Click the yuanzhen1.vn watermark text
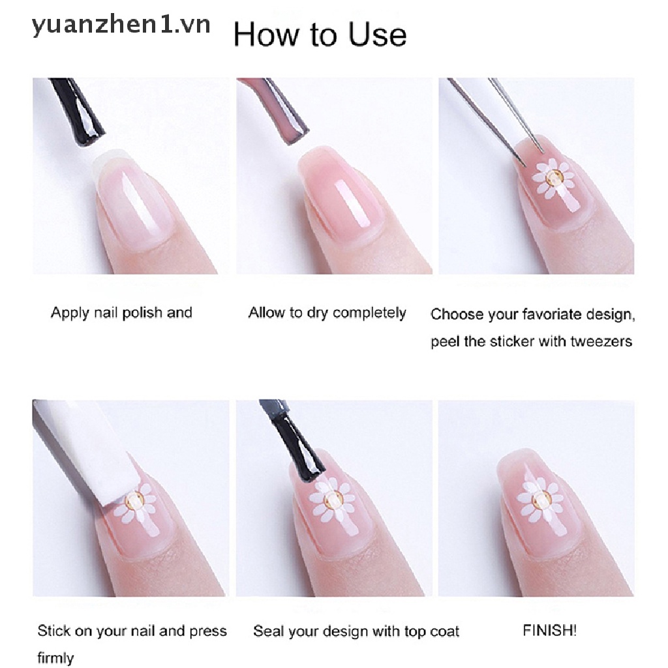point(121,25)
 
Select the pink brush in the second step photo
point(277,110)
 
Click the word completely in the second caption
point(369,313)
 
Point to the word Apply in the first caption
point(70,313)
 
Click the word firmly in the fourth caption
point(55,658)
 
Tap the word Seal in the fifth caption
point(267,631)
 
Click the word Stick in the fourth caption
point(53,631)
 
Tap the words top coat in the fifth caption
point(432,631)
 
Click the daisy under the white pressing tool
point(138,507)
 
